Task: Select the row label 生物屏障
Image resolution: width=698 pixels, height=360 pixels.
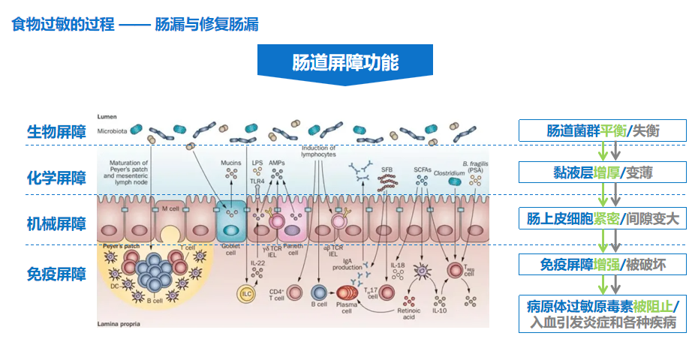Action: tap(56, 132)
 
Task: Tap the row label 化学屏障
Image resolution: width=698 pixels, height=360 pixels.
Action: tap(56, 178)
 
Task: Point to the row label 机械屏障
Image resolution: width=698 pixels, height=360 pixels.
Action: tap(56, 223)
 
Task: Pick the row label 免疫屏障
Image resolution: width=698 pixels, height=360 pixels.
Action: tap(56, 274)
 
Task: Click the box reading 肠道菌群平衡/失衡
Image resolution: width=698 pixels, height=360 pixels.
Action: tap(603, 130)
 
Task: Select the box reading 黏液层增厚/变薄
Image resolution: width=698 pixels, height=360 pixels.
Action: tap(603, 172)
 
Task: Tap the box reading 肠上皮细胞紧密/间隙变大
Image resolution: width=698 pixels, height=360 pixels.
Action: tap(603, 218)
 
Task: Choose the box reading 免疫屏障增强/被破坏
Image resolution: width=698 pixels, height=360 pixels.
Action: tap(603, 264)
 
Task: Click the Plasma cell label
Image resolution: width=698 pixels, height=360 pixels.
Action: tap(347, 308)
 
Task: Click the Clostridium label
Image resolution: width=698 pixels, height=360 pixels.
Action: tap(449, 172)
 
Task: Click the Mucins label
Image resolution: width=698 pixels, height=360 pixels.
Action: tap(230, 163)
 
